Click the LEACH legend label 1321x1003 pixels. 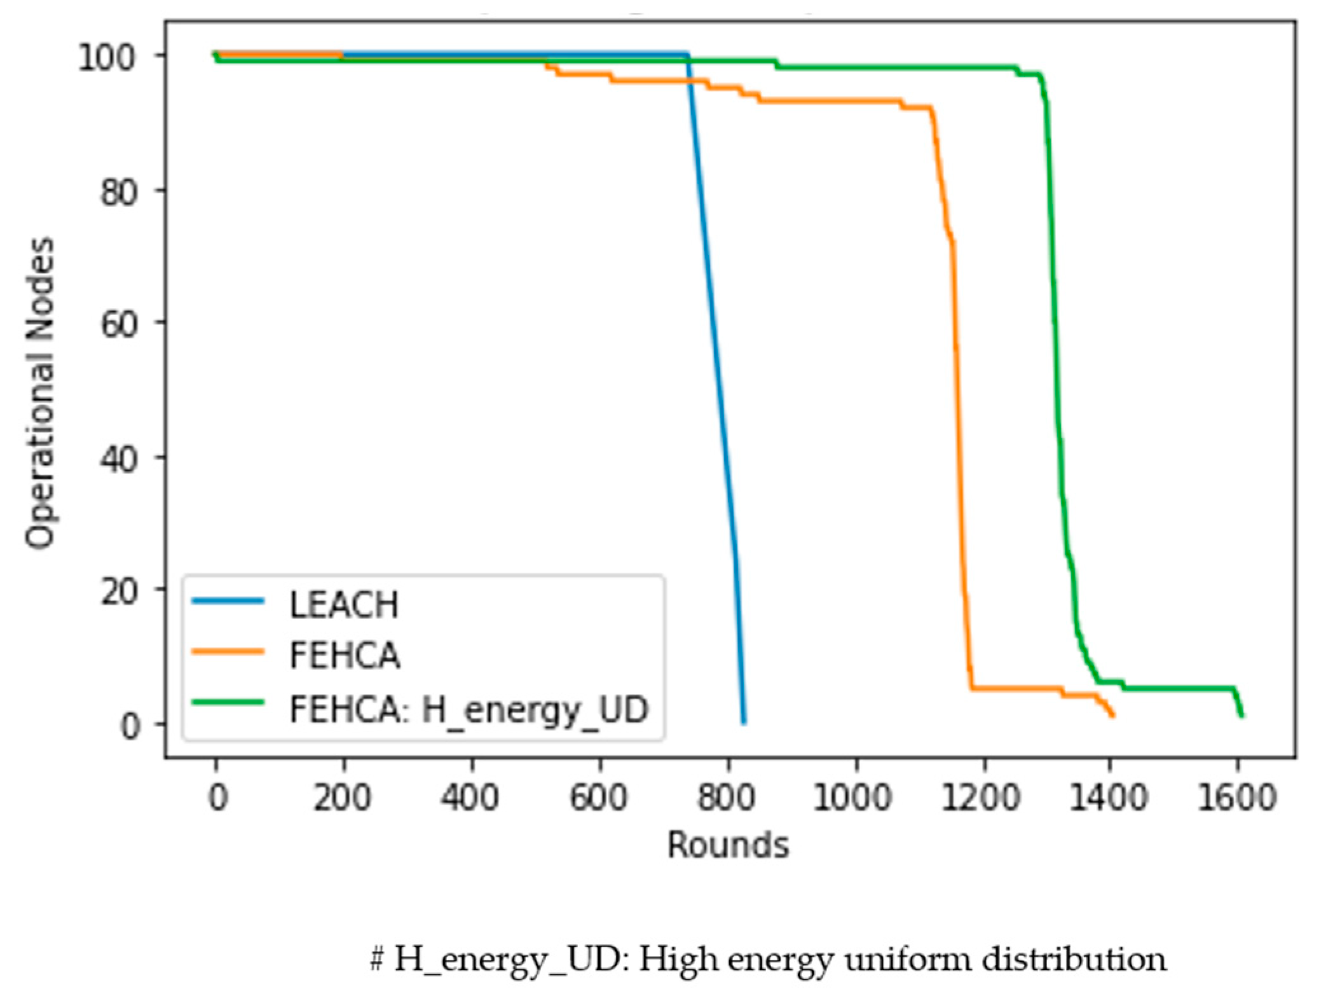(343, 605)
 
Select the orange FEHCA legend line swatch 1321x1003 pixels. (228, 651)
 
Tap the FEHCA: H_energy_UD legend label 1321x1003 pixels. (469, 709)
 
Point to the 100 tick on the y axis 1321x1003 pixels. (106, 57)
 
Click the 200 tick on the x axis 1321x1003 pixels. (342, 797)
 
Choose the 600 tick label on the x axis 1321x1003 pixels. (598, 797)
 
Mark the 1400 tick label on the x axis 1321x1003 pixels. (1109, 797)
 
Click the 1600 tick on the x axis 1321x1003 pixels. (1237, 797)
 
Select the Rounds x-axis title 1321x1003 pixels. (728, 845)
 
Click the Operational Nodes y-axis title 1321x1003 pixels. (39, 392)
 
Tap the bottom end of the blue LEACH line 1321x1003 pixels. (744, 723)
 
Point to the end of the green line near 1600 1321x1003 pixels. (1242, 716)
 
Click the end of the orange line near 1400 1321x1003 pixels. (1112, 716)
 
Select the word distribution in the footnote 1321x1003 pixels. (1074, 959)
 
